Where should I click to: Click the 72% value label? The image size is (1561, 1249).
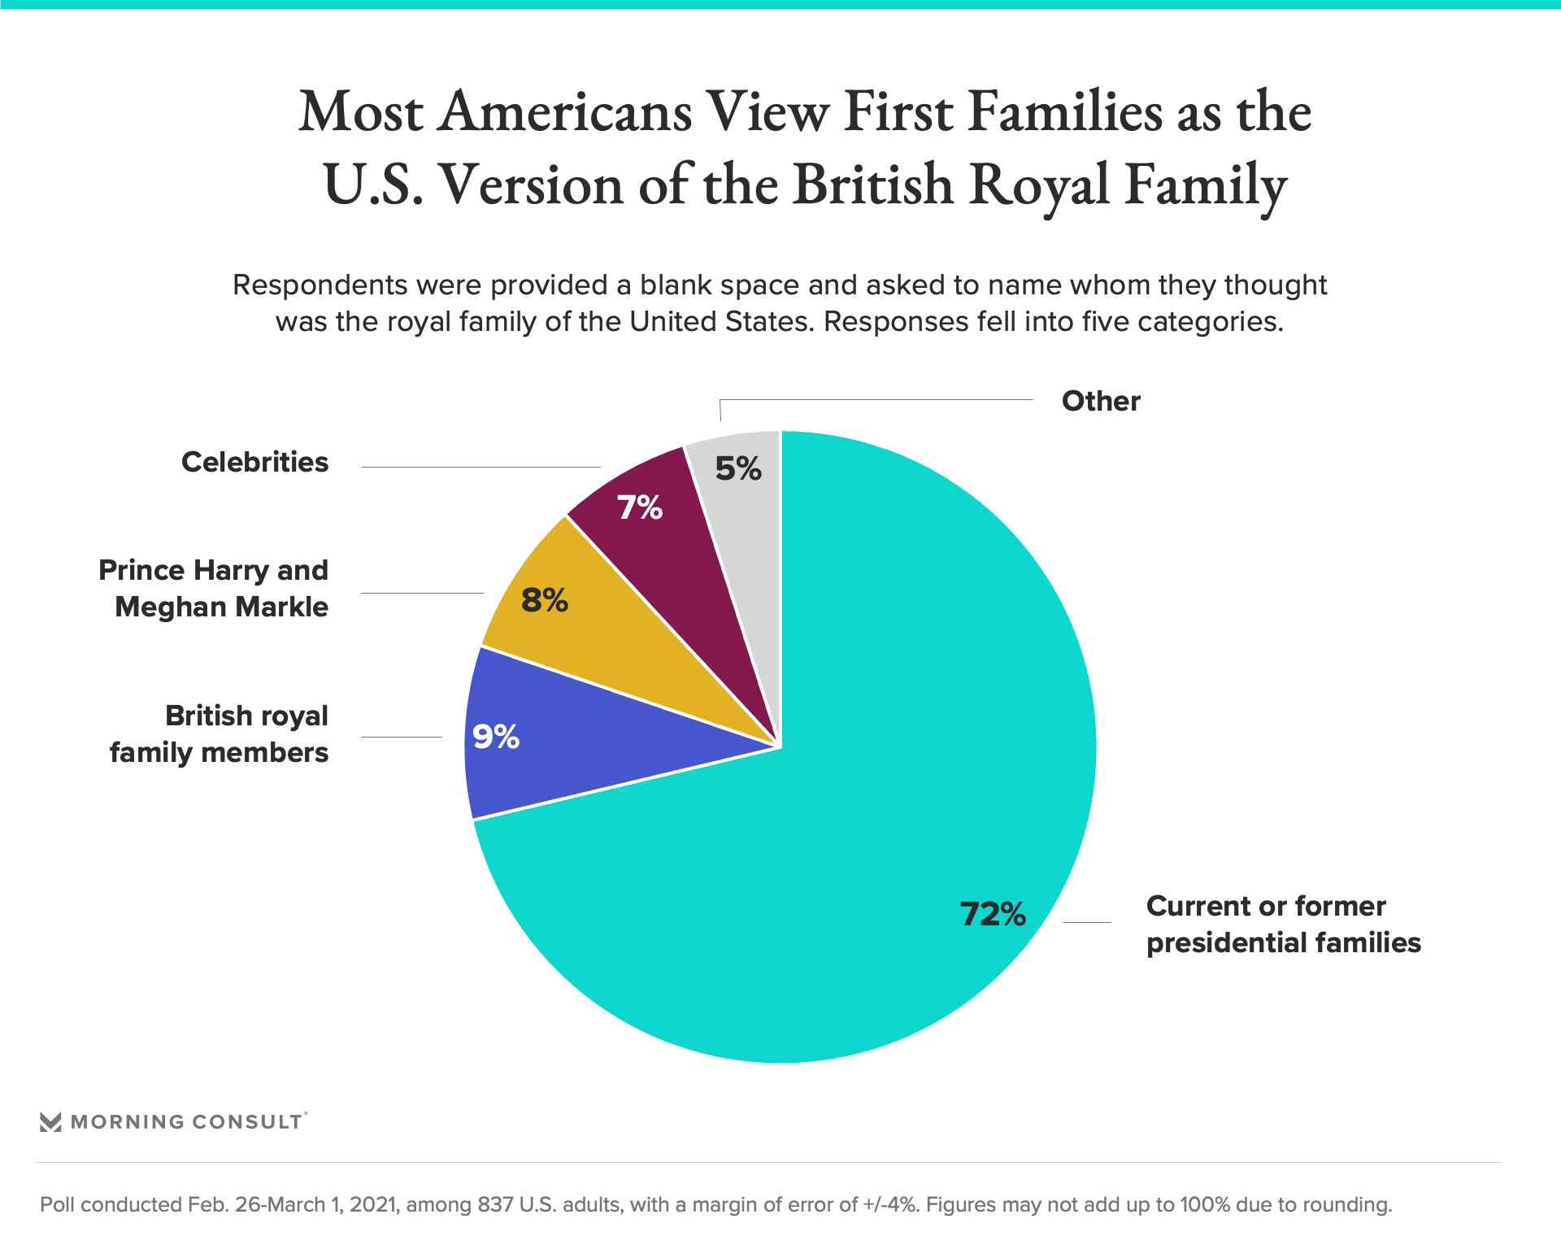click(x=993, y=914)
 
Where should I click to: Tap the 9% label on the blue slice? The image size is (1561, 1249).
click(x=496, y=737)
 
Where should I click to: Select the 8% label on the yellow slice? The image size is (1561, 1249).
click(x=544, y=600)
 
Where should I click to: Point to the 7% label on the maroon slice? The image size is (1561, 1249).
click(x=640, y=507)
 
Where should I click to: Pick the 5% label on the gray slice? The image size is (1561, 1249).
click(x=738, y=468)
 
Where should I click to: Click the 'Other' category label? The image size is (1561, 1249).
click(x=1101, y=401)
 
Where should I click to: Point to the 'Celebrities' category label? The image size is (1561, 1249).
click(x=254, y=462)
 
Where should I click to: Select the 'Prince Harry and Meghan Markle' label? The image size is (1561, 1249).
click(x=214, y=588)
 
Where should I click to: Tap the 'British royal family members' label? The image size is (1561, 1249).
click(x=220, y=733)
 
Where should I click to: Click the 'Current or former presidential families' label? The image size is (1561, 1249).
click(x=1283, y=924)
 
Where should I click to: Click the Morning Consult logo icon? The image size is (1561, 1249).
click(x=50, y=1122)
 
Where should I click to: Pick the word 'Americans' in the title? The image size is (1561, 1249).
click(x=564, y=111)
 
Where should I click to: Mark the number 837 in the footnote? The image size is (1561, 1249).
click(x=495, y=1204)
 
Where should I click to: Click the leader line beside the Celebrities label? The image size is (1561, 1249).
click(x=480, y=467)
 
